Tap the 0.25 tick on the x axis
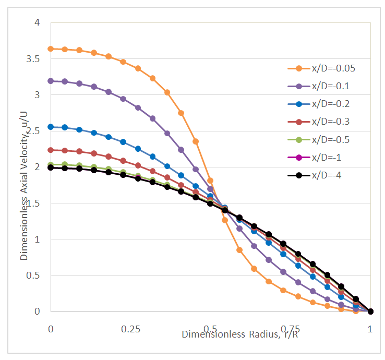tap(130, 329)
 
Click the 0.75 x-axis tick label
tap(290, 329)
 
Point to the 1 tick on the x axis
tap(370, 329)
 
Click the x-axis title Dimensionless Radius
tap(240, 334)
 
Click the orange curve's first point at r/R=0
tap(51, 49)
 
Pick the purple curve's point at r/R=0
tap(51, 81)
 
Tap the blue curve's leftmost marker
tap(51, 127)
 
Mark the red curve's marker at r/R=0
tap(51, 150)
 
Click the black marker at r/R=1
tap(370, 311)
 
